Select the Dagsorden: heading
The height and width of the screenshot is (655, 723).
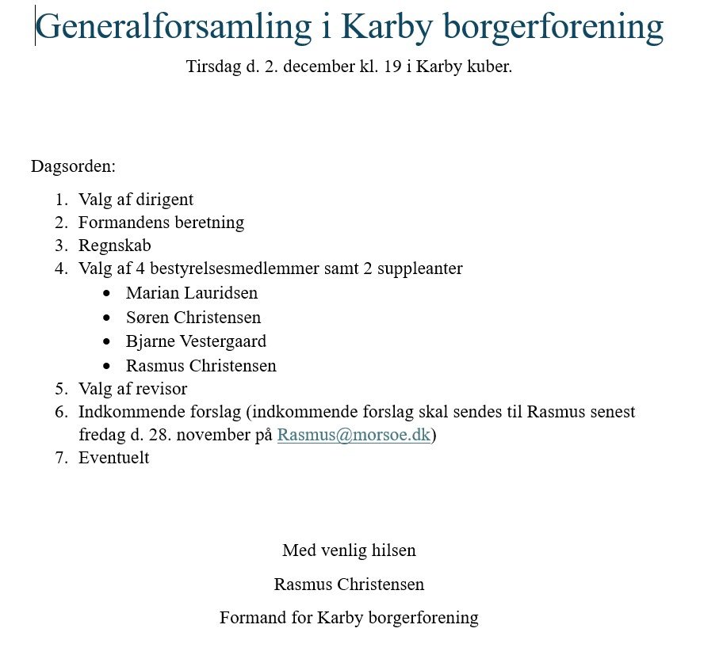(73, 167)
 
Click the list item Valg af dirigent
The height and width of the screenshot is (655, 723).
(136, 200)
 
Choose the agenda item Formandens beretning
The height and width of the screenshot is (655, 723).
(161, 223)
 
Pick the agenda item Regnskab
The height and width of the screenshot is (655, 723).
(114, 246)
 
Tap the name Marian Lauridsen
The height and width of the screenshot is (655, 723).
(191, 293)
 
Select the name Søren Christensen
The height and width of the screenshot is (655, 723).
(193, 318)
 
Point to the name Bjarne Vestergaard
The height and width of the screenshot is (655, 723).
(196, 342)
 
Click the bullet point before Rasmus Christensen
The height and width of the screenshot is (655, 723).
(108, 367)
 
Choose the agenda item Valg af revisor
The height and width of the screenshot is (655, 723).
(132, 389)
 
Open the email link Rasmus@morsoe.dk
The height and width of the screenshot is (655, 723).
(354, 436)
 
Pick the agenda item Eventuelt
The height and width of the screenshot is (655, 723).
(113, 458)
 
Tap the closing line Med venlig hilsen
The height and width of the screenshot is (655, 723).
(349, 550)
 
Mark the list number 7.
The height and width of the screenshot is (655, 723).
(61, 458)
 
